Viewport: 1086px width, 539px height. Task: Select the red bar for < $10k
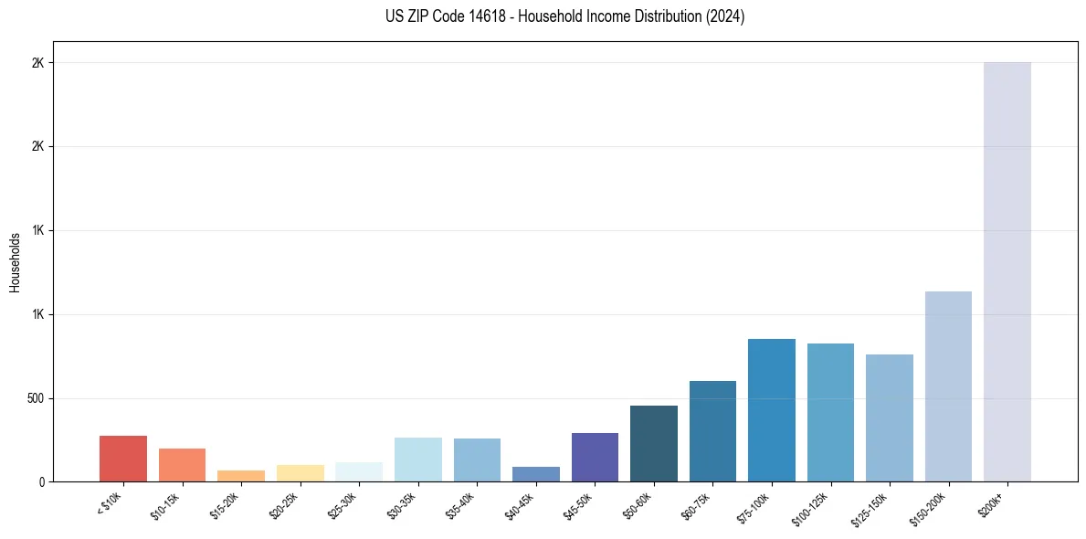click(123, 459)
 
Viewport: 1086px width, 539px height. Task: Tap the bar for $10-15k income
click(182, 465)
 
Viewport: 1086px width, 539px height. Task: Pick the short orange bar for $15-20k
click(241, 476)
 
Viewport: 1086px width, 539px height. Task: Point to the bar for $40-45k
click(536, 474)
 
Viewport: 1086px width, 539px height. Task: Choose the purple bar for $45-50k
click(595, 457)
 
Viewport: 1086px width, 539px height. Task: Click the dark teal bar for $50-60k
click(654, 443)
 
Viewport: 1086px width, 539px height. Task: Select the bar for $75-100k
click(772, 410)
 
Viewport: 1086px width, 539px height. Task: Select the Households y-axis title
click(16, 262)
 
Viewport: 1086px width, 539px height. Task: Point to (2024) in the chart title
click(725, 16)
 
